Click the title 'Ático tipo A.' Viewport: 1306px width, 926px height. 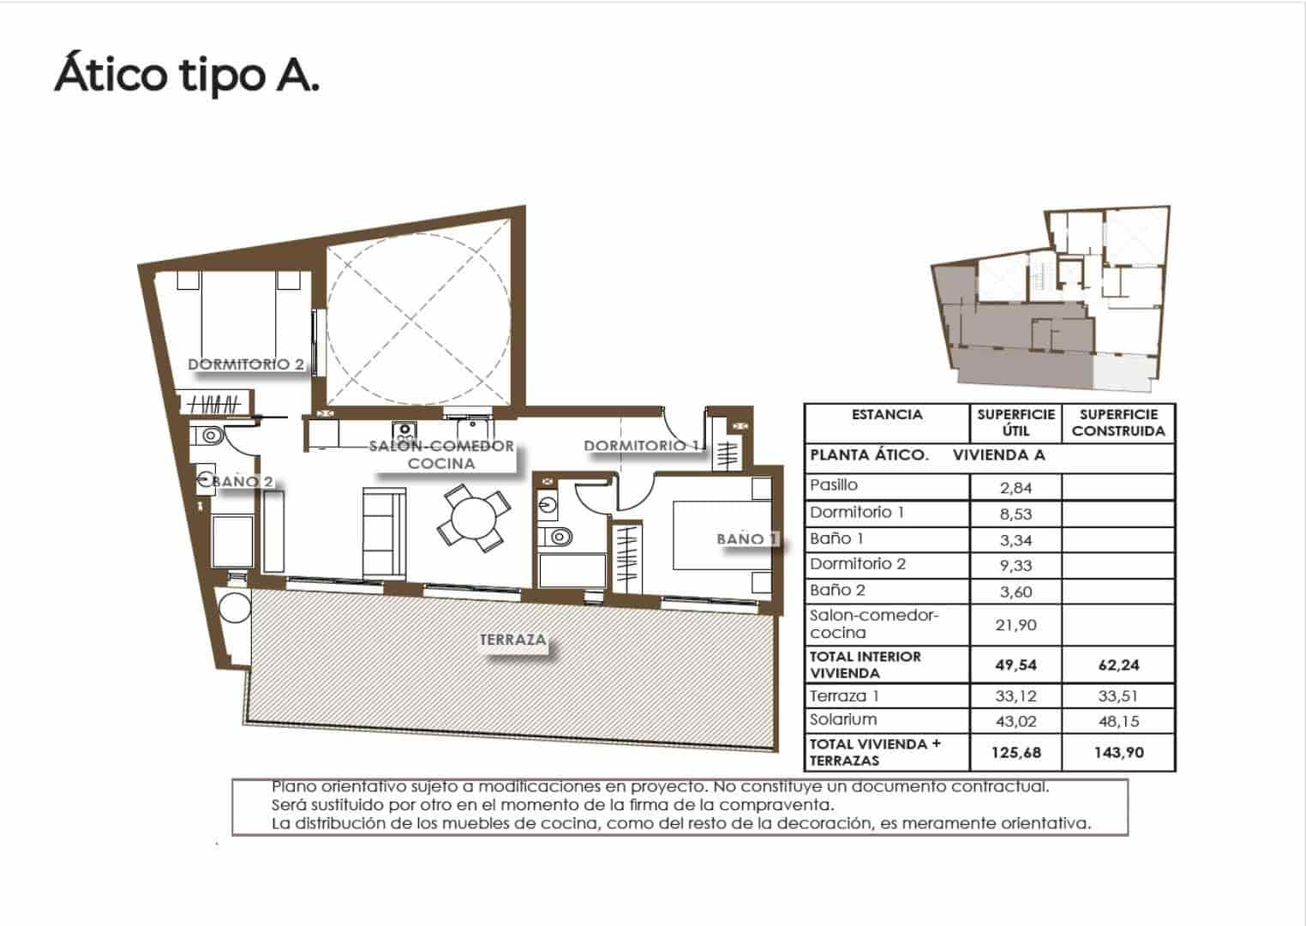pos(187,75)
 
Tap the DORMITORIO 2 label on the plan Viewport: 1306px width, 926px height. pos(246,364)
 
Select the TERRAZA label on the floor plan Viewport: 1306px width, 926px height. pos(512,640)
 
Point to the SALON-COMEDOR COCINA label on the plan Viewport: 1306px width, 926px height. pos(442,454)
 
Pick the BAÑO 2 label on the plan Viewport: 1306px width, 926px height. pos(243,482)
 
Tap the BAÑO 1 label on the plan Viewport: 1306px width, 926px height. pos(747,539)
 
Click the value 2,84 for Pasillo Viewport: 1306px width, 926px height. pos(1015,488)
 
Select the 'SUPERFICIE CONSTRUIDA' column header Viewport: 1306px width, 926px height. pos(1118,423)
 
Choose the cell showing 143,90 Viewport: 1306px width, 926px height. pos(1118,753)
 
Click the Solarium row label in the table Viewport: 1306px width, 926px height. pos(843,719)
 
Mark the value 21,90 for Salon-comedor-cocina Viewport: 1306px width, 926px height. pos(1015,625)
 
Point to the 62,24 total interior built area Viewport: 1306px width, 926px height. pos(1118,665)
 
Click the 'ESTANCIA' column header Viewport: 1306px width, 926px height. pos(887,415)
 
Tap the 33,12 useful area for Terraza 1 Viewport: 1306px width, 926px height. pos(1015,696)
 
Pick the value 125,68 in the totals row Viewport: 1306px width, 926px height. pos(1015,753)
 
